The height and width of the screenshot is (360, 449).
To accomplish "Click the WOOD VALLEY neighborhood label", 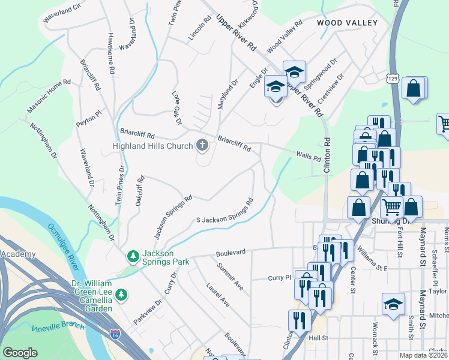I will pyautogui.click(x=347, y=23).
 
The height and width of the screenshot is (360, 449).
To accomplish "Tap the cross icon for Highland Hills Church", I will pyautogui.click(x=203, y=145).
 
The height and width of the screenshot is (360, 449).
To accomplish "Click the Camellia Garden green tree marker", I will pyautogui.click(x=122, y=294).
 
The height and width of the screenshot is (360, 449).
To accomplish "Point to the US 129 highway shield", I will pyautogui.click(x=393, y=79).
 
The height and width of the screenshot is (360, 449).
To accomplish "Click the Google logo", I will pyautogui.click(x=20, y=353).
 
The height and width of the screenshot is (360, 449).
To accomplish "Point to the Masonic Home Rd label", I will pyautogui.click(x=49, y=97).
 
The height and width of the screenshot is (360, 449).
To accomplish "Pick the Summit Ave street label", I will pyautogui.click(x=230, y=277).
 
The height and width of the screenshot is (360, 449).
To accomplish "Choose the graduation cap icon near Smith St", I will pyautogui.click(x=393, y=303).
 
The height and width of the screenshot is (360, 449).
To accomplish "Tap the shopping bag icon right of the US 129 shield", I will pyautogui.click(x=414, y=88).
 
